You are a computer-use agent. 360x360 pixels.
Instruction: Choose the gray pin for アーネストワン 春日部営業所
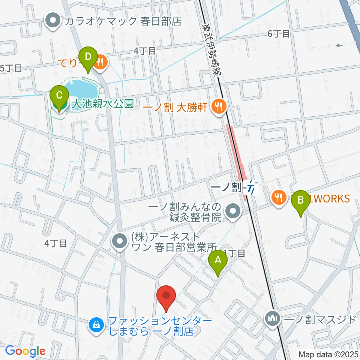coord(120,242)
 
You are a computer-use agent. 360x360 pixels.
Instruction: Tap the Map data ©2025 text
coord(328,354)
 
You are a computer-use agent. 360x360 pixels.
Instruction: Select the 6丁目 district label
coord(279,34)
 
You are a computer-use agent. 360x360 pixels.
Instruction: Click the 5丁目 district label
coord(11,68)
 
